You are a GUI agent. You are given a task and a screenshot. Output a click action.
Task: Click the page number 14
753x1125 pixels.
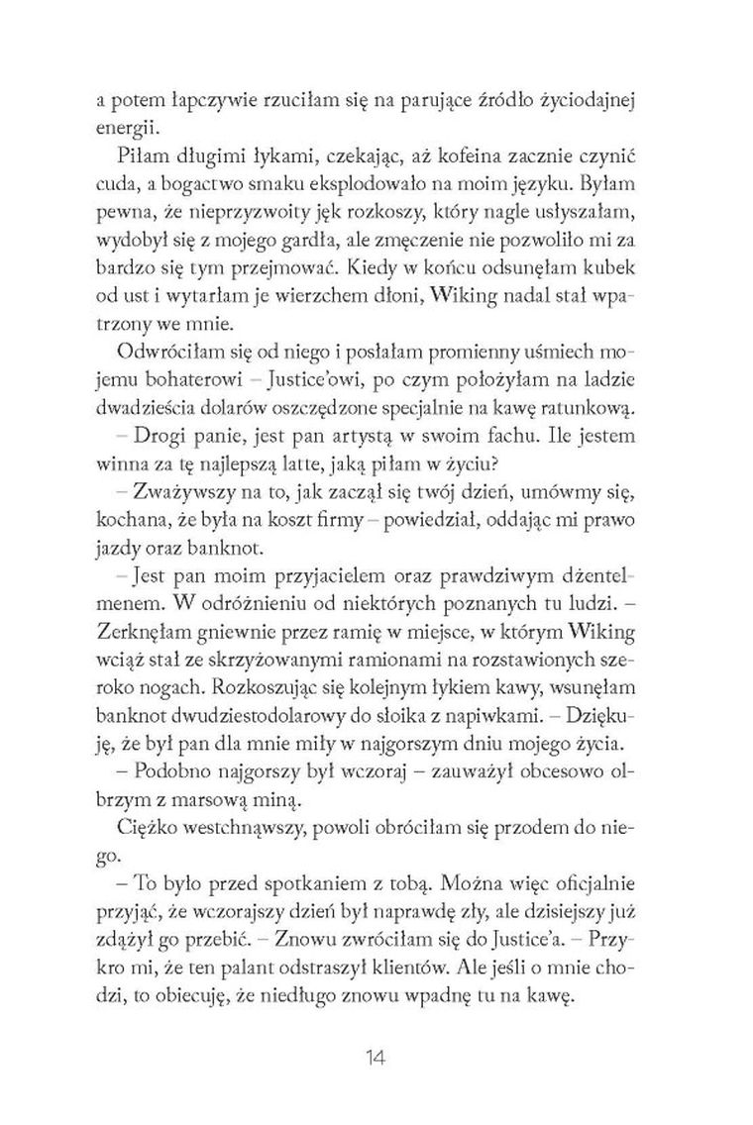click(x=376, y=1058)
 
